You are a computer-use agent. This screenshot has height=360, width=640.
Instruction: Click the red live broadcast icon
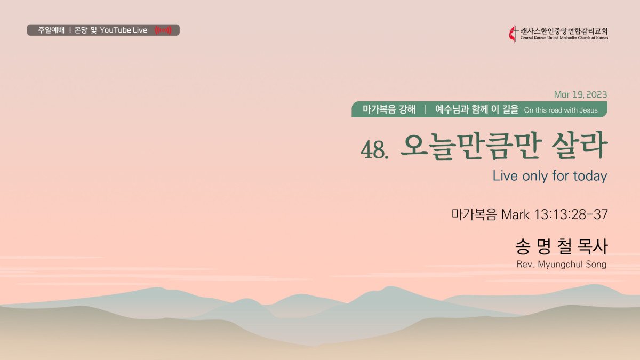163,30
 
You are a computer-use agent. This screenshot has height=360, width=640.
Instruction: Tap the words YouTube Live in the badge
123,30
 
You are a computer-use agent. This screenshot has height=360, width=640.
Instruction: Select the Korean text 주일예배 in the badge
51,30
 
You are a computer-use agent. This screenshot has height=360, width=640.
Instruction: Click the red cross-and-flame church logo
514,34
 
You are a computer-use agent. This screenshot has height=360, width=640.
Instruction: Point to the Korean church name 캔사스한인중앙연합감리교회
564,31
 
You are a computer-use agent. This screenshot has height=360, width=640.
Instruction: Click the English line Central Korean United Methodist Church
564,38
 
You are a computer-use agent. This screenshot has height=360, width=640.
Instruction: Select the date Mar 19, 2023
580,94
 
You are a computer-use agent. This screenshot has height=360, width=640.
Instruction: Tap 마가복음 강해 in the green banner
389,109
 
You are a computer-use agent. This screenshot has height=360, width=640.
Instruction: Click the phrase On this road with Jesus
561,110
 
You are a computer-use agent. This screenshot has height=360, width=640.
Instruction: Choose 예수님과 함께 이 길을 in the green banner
477,109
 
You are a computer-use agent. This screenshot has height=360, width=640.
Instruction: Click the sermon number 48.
374,150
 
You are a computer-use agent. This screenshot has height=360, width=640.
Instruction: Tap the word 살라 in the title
579,146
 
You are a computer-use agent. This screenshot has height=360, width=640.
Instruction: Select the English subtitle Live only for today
550,175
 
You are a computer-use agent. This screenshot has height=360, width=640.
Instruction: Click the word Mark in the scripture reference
515,214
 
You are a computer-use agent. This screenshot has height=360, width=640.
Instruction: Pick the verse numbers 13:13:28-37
571,214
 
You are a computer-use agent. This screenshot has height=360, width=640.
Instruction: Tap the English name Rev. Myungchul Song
562,265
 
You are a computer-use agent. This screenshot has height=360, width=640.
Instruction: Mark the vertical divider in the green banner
426,109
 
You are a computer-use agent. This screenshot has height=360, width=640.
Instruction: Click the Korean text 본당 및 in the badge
85,30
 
